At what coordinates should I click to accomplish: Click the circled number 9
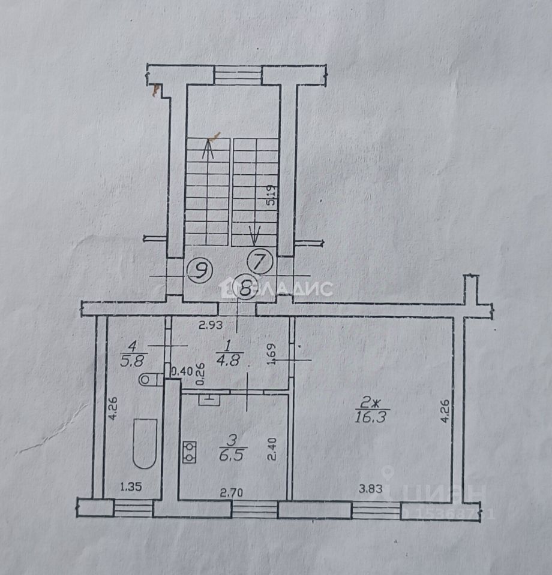point(199,271)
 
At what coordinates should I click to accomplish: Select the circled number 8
point(245,287)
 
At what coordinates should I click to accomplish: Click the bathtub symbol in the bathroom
point(145,443)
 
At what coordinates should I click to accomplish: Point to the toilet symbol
point(150,379)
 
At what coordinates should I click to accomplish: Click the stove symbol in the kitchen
point(190,452)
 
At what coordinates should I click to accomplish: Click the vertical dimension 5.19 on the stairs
point(271,195)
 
